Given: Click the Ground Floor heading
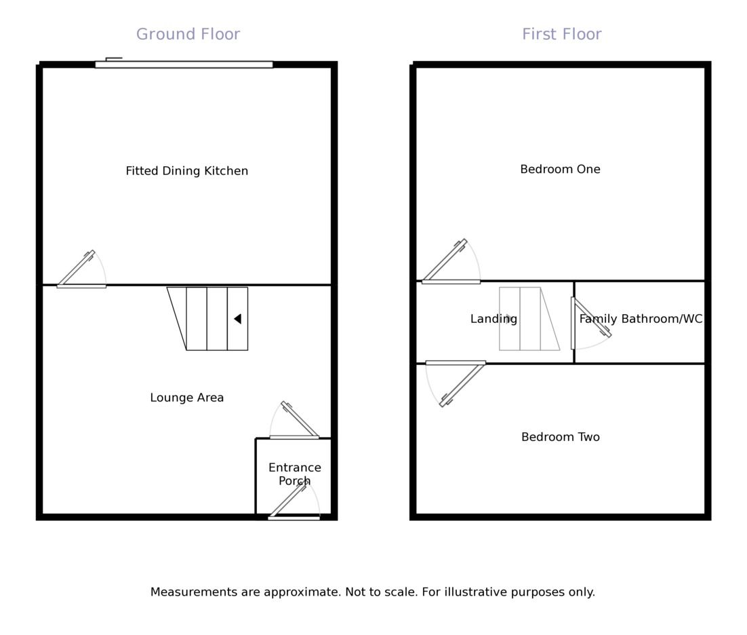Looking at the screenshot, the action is pyautogui.click(x=188, y=35).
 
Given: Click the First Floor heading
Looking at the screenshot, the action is pyautogui.click(x=561, y=35).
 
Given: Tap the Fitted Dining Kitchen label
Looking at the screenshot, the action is pyautogui.click(x=186, y=171).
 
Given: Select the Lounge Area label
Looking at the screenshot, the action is pyautogui.click(x=186, y=398).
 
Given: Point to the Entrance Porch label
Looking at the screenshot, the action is pyautogui.click(x=294, y=474).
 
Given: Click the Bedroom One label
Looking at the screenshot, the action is pyautogui.click(x=560, y=170).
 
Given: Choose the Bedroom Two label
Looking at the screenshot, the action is pyautogui.click(x=560, y=437).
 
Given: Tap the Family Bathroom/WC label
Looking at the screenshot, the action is pyautogui.click(x=641, y=319).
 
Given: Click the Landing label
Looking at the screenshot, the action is pyautogui.click(x=493, y=319).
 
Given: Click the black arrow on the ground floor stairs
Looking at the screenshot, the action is pyautogui.click(x=237, y=319).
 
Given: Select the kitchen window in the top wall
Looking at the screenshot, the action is pyautogui.click(x=184, y=64).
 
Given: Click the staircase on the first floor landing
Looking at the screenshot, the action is pyautogui.click(x=529, y=319).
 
